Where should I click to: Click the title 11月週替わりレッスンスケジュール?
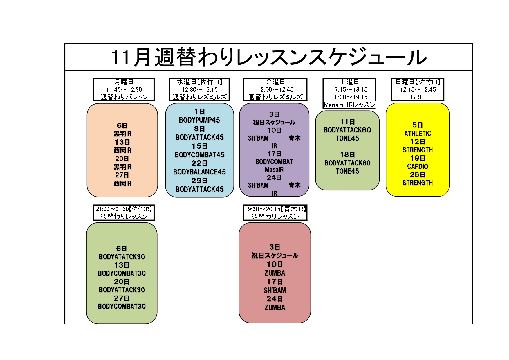pos(269,57)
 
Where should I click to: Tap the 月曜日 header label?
pos(124,82)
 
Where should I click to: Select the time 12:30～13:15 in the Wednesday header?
pos(200,89)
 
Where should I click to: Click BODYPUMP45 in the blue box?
pos(199,120)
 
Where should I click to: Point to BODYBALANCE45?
pos(199,172)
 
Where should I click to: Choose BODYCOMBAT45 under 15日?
pos(199,155)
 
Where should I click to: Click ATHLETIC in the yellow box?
pos(418,134)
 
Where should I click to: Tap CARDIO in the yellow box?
pos(418,166)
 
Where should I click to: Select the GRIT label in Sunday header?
pos(418,97)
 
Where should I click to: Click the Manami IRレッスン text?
pos(349,105)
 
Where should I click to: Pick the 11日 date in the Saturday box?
pos(347,122)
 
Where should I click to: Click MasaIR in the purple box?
pos(274,170)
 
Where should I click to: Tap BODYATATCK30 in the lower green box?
pos(122,257)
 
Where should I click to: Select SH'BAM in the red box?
pos(275,290)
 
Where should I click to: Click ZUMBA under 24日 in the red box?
pos(275,307)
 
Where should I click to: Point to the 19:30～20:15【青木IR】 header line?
pos(275,209)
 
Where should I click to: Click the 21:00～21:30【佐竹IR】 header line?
pos(124,209)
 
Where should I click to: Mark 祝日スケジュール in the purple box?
pos(274,122)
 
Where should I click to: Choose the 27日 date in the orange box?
pos(122,175)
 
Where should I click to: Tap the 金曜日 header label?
pos(275,82)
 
